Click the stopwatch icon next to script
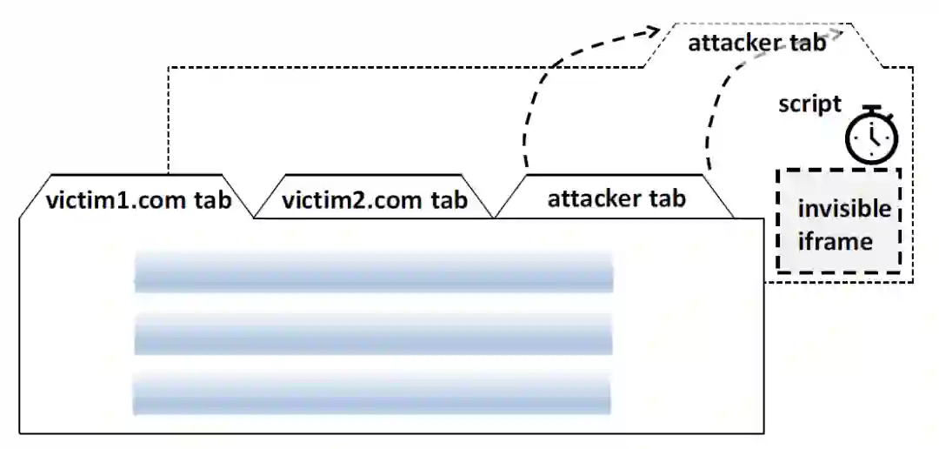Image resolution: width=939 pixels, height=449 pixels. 872,136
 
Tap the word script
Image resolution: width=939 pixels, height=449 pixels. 809,104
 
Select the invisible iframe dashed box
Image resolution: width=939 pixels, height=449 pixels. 838,222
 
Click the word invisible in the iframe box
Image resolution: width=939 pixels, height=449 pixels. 844,210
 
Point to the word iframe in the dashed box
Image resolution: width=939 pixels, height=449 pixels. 834,241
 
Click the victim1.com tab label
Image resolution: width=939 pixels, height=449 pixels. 138,200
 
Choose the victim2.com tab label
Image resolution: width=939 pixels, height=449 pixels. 375,201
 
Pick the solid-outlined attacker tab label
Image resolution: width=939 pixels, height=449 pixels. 616,198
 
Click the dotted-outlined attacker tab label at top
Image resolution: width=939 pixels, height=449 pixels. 756,43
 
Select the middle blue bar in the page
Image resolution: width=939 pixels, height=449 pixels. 374,334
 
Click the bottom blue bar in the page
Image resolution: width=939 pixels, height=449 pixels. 372,393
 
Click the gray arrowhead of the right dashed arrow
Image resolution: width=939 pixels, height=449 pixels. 836,33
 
